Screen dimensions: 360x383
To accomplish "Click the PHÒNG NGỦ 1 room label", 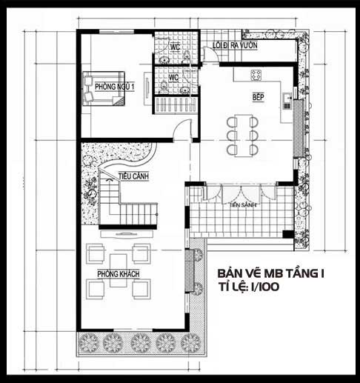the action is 115,87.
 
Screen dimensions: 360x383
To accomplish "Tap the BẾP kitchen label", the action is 259,97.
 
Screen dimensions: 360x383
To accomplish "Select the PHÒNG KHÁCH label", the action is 119,274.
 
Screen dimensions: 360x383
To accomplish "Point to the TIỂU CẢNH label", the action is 133,176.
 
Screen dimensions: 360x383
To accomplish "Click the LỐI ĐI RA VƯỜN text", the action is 235,45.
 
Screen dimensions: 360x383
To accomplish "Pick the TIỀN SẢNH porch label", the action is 243,204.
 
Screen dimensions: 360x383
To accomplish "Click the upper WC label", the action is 175,47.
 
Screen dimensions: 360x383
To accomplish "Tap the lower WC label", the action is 173,78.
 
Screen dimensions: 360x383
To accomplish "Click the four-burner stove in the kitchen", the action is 256,75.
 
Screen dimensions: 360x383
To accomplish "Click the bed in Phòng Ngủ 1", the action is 104,89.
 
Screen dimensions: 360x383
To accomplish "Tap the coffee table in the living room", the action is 119,270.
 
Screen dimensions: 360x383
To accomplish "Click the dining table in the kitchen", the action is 243,136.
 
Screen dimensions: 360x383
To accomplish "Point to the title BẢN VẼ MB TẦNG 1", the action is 271,274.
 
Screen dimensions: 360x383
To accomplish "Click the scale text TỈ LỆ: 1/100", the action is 248,287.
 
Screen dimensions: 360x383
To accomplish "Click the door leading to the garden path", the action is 210,54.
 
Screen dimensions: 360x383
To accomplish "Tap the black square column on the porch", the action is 288,234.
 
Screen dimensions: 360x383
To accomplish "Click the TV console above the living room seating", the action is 127,234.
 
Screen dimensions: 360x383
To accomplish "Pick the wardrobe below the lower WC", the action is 176,104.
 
